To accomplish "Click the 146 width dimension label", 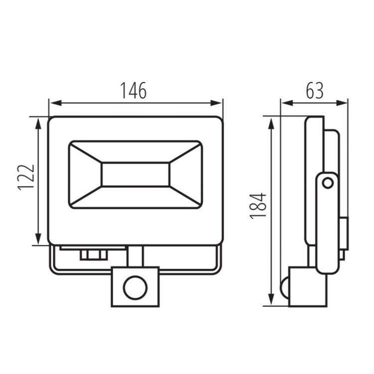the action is pyautogui.click(x=133, y=91).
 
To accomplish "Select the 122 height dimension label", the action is pyautogui.click(x=26, y=177).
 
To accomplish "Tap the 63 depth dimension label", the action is pyautogui.click(x=315, y=91).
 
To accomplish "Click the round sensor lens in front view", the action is pyautogui.click(x=135, y=287).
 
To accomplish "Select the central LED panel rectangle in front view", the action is pyautogui.click(x=136, y=175).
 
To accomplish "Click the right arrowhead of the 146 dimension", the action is pyautogui.click(x=215, y=103).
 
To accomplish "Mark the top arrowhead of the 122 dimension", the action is pyautogui.click(x=38, y=124).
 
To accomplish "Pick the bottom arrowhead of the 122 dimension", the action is pyautogui.click(x=38, y=239).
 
